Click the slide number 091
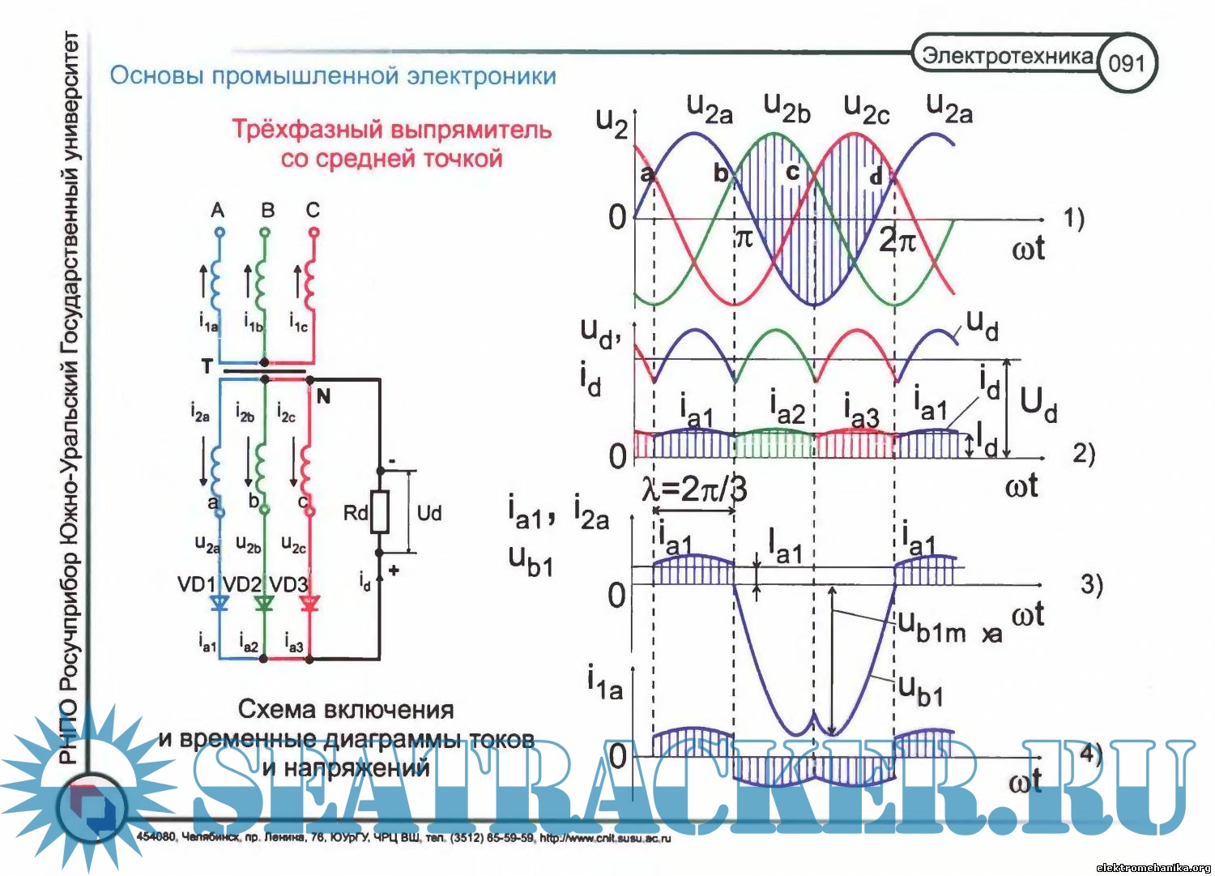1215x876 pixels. coord(1127,63)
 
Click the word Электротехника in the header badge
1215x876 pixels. coord(1008,56)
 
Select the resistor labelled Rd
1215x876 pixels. coord(379,511)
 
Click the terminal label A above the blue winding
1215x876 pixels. coord(217,211)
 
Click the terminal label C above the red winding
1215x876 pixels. coord(313,211)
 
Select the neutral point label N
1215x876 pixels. coord(323,396)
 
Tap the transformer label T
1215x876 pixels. coord(207,367)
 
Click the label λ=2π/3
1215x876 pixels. coord(694,489)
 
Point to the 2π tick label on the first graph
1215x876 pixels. coord(897,241)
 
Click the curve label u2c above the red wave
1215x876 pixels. coord(866,108)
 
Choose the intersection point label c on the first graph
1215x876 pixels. coord(792,172)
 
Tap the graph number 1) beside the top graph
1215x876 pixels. coord(1073,218)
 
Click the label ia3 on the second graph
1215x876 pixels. coord(860,409)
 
